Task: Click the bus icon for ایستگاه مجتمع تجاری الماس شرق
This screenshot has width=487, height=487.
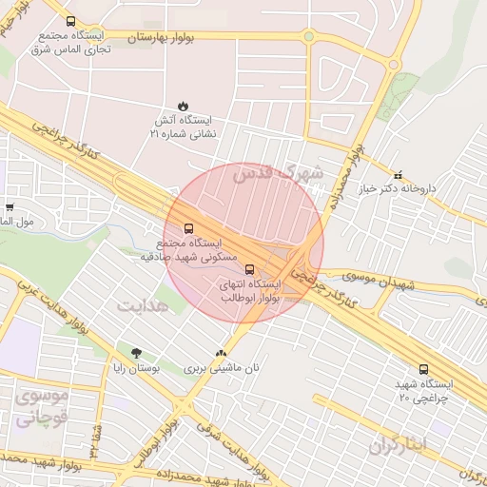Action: tap(70, 20)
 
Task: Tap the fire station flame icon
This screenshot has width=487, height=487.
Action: tap(182, 107)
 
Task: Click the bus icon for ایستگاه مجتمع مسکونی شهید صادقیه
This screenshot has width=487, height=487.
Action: tap(187, 228)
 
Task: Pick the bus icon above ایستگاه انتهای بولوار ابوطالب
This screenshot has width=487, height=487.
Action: tap(250, 269)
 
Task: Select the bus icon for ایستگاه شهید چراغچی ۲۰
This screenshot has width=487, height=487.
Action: tap(423, 369)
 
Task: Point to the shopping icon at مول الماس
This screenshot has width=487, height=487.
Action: tap(10, 206)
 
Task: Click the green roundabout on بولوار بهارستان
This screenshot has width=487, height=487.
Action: tap(308, 37)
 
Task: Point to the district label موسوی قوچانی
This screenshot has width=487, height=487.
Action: tap(42, 406)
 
